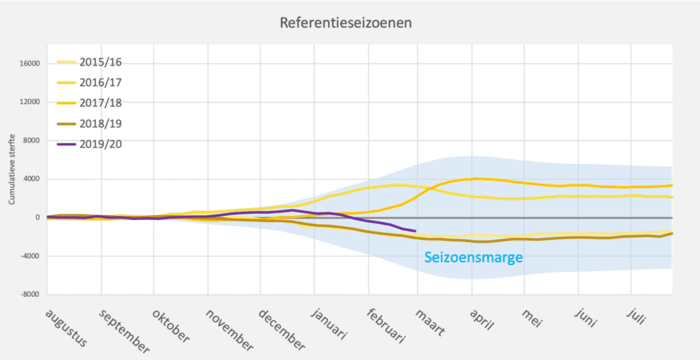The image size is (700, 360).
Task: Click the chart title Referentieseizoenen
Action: [345, 23]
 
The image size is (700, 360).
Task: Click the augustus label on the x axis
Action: [66, 327]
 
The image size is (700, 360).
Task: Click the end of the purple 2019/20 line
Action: [415, 231]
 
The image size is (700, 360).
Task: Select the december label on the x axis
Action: [281, 329]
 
